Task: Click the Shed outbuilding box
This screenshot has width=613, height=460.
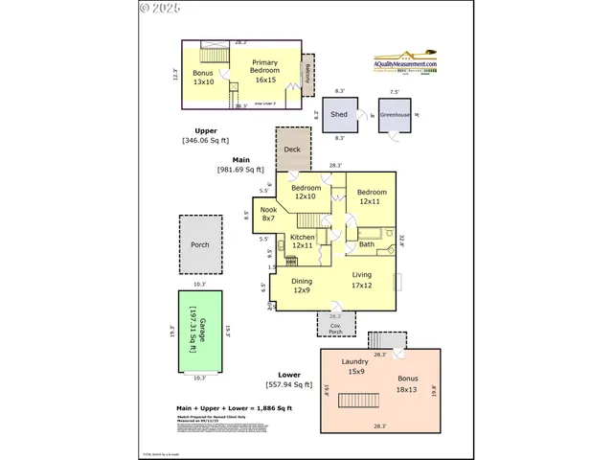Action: [x=339, y=115]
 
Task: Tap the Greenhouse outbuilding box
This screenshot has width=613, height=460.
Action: [x=394, y=115]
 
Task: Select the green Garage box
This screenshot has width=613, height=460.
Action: [x=200, y=332]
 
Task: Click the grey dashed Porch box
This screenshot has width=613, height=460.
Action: [x=200, y=244]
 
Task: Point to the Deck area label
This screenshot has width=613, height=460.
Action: [x=292, y=149]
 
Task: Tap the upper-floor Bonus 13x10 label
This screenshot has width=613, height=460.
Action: [x=203, y=77]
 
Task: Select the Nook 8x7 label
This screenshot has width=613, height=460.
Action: [x=269, y=214]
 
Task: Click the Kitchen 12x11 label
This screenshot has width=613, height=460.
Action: [x=303, y=241]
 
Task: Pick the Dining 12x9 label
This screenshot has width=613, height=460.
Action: [x=303, y=286]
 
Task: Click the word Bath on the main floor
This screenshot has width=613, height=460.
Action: [x=367, y=244]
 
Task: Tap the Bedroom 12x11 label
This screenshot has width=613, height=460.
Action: [x=373, y=196]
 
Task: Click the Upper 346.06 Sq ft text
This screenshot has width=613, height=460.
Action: [x=208, y=135]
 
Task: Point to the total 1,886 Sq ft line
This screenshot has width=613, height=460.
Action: [x=234, y=409]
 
